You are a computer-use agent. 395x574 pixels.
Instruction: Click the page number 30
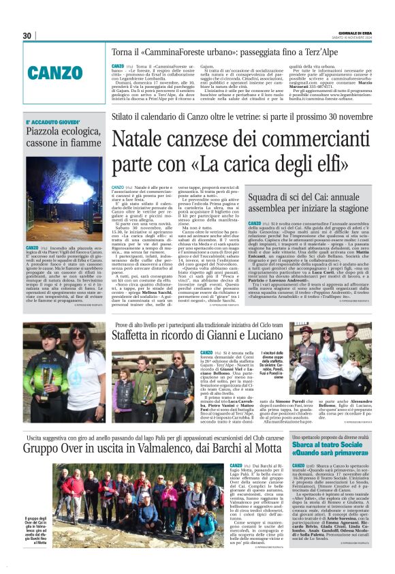27,35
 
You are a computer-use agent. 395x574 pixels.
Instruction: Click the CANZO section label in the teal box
55,73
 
